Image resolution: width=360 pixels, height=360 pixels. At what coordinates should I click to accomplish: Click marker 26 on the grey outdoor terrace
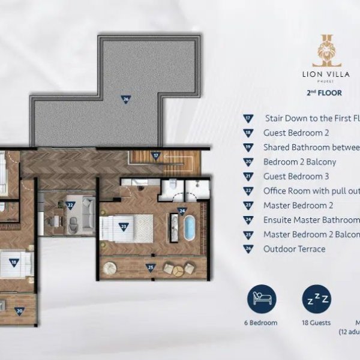pos(125,100)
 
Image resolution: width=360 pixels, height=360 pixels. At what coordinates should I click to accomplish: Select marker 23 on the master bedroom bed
pos(124,226)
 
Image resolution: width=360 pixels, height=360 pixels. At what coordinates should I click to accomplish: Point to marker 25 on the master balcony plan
pos(151,267)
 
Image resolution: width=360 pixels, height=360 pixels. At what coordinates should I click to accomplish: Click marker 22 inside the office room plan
pos(71,205)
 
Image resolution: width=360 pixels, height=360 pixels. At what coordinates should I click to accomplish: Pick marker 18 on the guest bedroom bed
pos(13,262)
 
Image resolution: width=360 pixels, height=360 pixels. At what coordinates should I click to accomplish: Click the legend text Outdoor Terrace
pos(294,249)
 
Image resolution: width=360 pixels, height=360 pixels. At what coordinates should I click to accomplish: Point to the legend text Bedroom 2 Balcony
pos(299,162)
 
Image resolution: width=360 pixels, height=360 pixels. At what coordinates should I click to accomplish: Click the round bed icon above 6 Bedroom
pos(263,298)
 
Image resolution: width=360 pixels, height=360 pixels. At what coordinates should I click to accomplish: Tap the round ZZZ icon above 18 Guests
pos(316,298)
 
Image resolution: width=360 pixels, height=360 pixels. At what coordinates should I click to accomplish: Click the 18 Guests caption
pos(316,323)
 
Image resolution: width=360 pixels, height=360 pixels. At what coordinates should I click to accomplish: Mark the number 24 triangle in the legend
pos(248,220)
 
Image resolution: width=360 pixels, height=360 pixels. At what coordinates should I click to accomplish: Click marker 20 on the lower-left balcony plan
pos(19,311)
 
